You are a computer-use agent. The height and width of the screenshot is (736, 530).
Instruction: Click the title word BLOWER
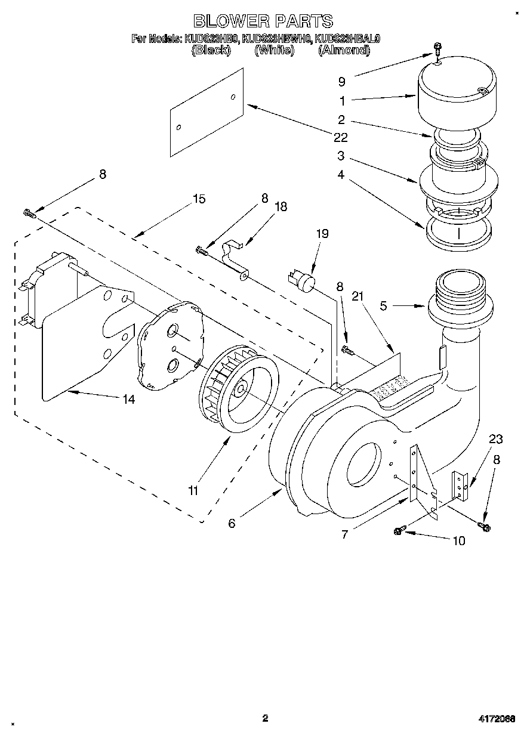pyautogui.click(x=230, y=21)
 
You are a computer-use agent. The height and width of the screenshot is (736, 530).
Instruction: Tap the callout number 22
pyautogui.click(x=341, y=137)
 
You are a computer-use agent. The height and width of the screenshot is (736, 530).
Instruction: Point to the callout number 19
pyautogui.click(x=322, y=234)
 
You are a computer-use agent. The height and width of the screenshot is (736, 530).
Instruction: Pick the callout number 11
pyautogui.click(x=193, y=490)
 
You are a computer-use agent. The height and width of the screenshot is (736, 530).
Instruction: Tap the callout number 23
pyautogui.click(x=496, y=440)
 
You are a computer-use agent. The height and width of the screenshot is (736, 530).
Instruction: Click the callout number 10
pyautogui.click(x=458, y=541)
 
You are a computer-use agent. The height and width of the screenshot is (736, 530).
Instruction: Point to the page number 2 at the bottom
pyautogui.click(x=265, y=718)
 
